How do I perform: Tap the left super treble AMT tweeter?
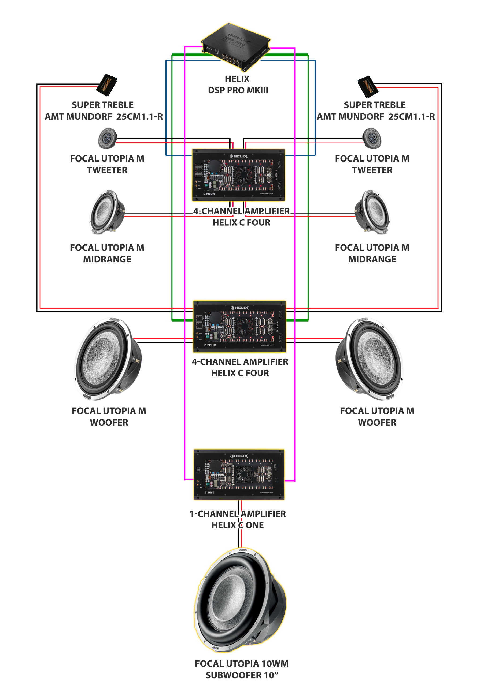coord(107,85)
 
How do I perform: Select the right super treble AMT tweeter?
coord(368,87)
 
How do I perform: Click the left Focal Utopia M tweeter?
coord(107,138)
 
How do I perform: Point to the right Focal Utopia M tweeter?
coord(372,138)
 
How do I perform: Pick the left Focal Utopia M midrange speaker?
coord(107,212)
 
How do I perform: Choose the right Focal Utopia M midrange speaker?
coord(372,212)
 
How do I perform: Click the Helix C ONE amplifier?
coord(239,474)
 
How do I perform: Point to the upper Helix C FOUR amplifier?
coord(238,175)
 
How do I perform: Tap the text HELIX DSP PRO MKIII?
coord(238,85)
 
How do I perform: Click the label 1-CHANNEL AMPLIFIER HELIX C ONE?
coord(238,520)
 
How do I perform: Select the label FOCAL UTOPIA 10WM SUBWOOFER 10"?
coord(242,669)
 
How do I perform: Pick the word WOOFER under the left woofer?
coord(109,422)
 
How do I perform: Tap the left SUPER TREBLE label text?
coord(103,105)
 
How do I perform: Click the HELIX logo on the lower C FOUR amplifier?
coord(239,308)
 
